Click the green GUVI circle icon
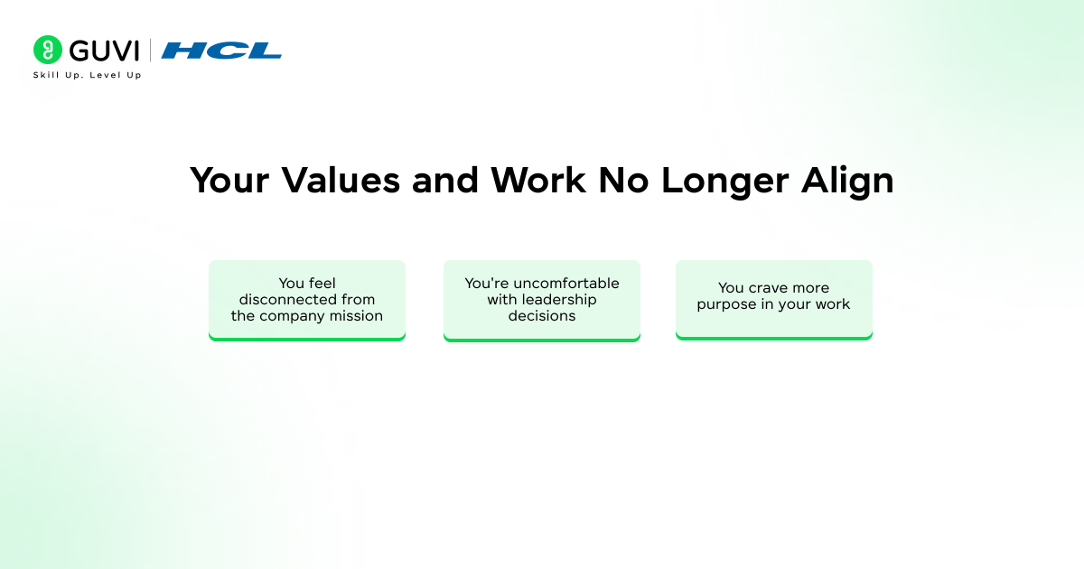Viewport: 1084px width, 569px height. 47,50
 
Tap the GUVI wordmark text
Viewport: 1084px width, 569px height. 104,51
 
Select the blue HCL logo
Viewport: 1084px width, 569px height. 221,51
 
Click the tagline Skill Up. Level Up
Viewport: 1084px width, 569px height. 87,75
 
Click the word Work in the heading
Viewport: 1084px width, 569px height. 538,181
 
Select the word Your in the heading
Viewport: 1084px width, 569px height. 229,181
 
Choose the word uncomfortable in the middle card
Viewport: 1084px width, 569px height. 566,284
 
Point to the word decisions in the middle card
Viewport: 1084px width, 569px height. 542,316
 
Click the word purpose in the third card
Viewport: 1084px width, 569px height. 726,305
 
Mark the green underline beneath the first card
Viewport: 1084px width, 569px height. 307,339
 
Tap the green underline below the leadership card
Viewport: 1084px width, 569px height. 542,339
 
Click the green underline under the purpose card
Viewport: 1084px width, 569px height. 774,338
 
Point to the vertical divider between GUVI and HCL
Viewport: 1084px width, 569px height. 150,51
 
